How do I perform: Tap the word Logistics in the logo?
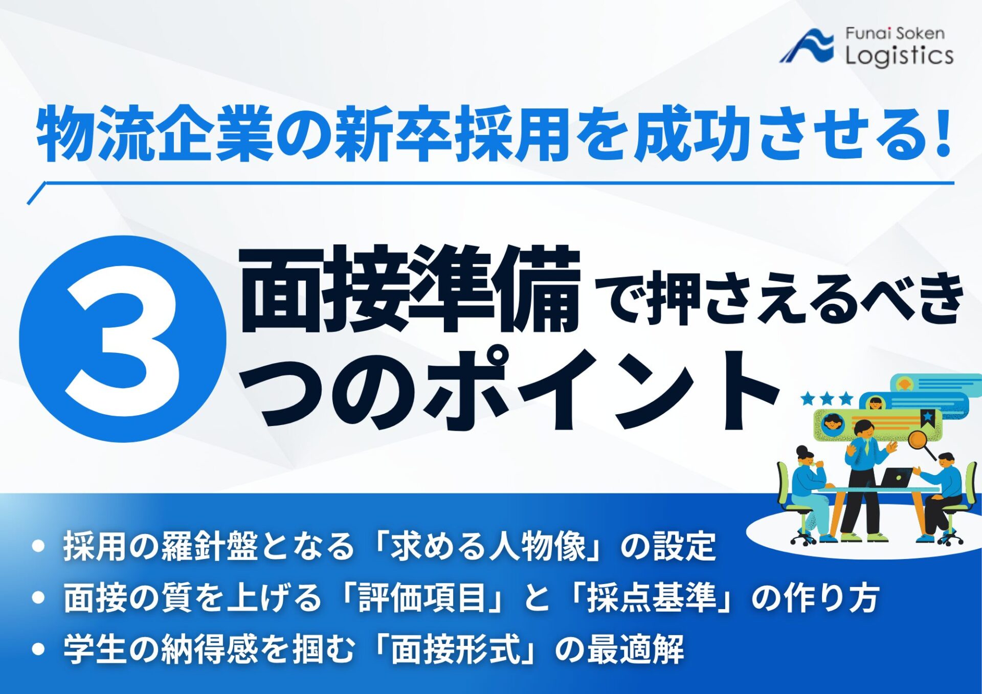(899, 55)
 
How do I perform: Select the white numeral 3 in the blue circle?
(123, 340)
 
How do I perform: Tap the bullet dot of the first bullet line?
(38, 546)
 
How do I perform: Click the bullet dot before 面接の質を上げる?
(38, 597)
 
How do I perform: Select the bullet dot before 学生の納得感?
(38, 649)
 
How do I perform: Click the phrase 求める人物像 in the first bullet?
(488, 546)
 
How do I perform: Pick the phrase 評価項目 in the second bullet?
(422, 597)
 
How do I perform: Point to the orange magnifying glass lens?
(918, 438)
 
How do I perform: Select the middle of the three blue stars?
(827, 398)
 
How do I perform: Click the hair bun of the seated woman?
(800, 450)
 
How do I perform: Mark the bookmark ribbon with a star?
(927, 417)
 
